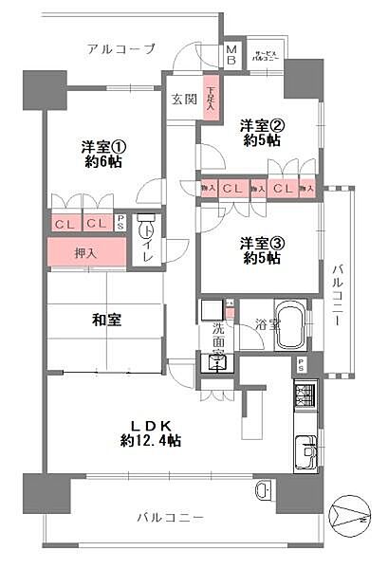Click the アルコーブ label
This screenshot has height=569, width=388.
[120, 48]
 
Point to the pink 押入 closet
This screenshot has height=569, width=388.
[86, 253]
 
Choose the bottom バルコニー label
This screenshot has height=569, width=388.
[170, 519]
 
